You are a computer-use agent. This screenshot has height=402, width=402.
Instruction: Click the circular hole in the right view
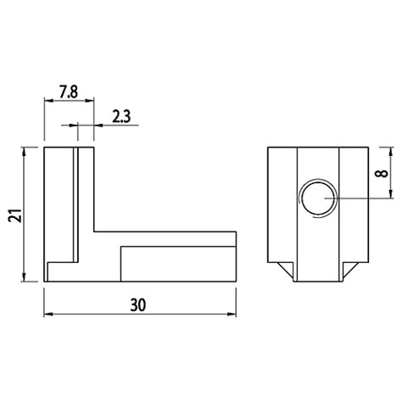click(x=317, y=198)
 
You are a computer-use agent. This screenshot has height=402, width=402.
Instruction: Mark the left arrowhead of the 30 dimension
click(x=47, y=314)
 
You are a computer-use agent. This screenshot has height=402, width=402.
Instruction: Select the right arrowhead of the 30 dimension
click(x=232, y=314)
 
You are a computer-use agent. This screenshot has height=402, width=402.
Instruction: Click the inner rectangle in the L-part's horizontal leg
click(x=177, y=263)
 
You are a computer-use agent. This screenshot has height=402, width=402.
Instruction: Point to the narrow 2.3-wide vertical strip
click(x=78, y=204)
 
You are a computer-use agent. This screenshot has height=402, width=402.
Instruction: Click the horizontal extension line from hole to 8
click(x=356, y=198)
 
